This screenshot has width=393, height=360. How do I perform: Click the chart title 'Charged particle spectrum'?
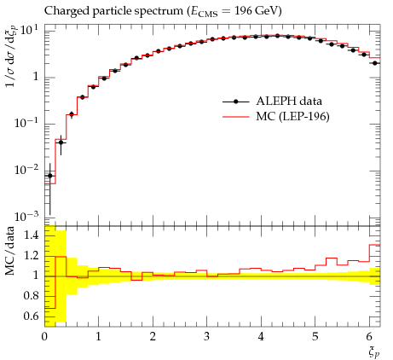pos(113,11)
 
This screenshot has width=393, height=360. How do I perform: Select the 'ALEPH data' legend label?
pos(289,102)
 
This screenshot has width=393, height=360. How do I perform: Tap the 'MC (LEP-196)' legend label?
pos(292,116)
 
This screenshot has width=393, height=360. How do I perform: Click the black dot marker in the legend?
pos(235,102)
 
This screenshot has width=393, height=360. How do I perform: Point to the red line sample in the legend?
pos(236,116)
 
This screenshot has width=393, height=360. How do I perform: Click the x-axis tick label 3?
pos(207,337)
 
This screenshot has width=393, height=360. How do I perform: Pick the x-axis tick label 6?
pos(369,337)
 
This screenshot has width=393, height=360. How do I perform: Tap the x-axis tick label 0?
pos(44,337)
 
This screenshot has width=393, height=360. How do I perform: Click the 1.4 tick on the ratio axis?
pos(32,235)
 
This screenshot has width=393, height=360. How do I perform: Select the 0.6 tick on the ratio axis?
pos(32,316)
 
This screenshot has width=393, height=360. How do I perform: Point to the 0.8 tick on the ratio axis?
pos(32,296)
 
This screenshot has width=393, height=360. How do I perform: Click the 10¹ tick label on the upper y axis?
pos(29,29)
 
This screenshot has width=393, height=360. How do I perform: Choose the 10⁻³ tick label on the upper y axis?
pos(26,217)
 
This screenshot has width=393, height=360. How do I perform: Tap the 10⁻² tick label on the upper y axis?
pos(26,170)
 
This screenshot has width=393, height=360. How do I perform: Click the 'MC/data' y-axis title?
pos(9,251)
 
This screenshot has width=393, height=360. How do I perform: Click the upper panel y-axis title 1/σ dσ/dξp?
pos(11,56)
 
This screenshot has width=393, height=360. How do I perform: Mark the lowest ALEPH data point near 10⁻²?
pos(50,176)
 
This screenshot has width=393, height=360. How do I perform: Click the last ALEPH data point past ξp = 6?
pos(375,63)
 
